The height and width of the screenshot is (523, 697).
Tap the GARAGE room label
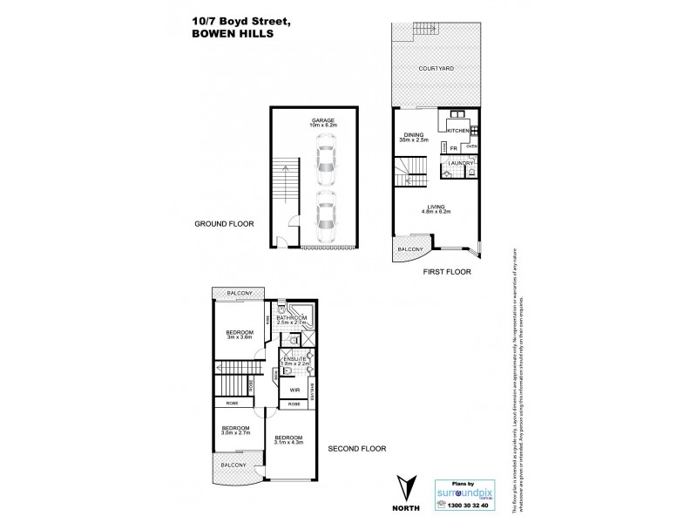[x=321, y=120]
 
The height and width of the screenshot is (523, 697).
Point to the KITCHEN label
[x=458, y=130]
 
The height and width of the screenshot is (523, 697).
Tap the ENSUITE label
[x=292, y=358]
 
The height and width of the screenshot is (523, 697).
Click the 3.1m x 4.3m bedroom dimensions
[x=288, y=443]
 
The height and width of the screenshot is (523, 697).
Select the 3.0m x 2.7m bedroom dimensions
[x=235, y=433]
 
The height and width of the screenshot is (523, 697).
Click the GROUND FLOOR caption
[x=223, y=224]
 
